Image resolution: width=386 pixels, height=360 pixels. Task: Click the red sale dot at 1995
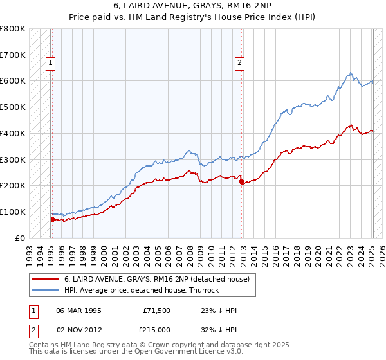pyautogui.click(x=52, y=219)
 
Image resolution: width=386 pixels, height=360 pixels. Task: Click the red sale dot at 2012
pyautogui.click(x=241, y=181)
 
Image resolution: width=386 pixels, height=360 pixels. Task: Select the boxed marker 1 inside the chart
pyautogui.click(x=50, y=63)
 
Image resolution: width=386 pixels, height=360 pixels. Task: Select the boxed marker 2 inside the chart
pyautogui.click(x=239, y=63)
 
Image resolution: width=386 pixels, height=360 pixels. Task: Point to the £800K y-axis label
pyautogui.click(x=14, y=29)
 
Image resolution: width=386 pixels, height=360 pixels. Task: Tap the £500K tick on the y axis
pyautogui.click(x=14, y=107)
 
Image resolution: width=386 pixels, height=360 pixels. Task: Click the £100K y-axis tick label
pyautogui.click(x=14, y=212)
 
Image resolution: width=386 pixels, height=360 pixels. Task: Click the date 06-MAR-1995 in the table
pyautogui.click(x=78, y=310)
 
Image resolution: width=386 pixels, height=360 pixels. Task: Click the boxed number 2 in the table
pyautogui.click(x=33, y=329)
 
